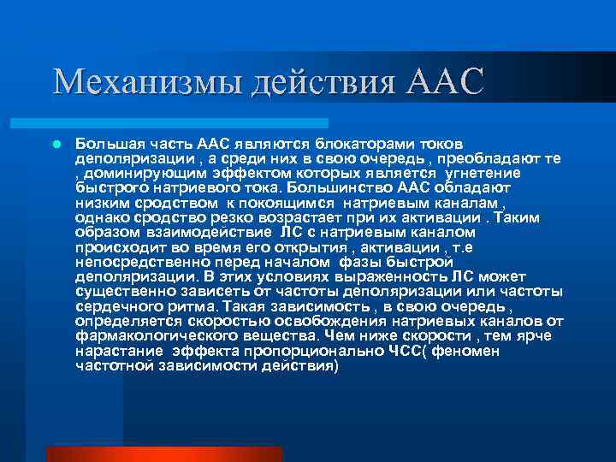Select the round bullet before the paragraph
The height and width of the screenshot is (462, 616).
(56, 145)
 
